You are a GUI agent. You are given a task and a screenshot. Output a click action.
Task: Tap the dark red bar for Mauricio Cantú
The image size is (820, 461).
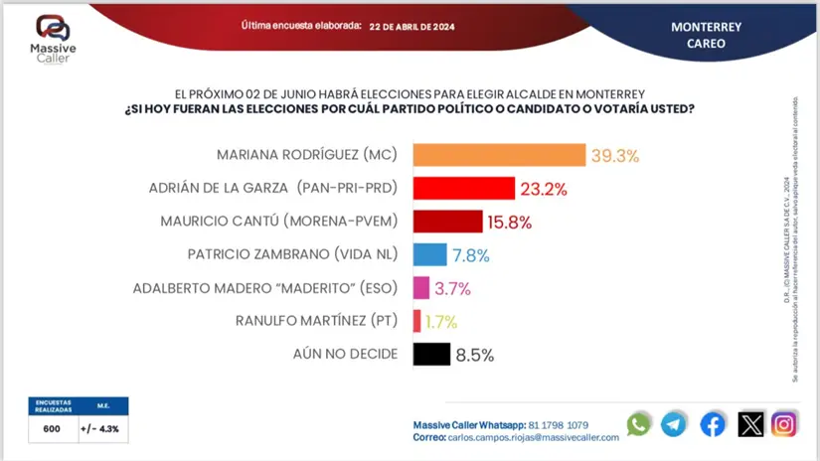pyautogui.click(x=447, y=221)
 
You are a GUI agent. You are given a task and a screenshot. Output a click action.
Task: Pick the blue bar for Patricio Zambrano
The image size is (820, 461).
pyautogui.click(x=428, y=254)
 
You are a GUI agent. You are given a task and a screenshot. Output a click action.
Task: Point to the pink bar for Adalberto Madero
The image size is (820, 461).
pyautogui.click(x=420, y=288)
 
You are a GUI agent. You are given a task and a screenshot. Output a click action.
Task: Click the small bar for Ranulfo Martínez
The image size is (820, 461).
pyautogui.click(x=416, y=321)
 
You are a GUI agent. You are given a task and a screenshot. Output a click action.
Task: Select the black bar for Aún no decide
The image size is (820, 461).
pyautogui.click(x=430, y=354)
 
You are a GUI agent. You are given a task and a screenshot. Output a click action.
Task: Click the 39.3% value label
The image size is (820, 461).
pyautogui.click(x=614, y=156)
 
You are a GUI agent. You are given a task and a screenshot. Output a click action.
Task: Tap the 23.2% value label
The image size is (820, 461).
pyautogui.click(x=545, y=189)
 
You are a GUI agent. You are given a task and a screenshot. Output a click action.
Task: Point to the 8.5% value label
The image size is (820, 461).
pyautogui.click(x=475, y=355)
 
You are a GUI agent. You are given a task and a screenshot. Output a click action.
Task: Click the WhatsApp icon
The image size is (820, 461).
pyautogui.click(x=638, y=424)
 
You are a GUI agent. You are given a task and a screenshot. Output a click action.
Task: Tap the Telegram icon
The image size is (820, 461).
pyautogui.click(x=674, y=424)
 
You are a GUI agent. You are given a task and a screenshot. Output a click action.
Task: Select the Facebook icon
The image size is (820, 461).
pyautogui.click(x=712, y=424)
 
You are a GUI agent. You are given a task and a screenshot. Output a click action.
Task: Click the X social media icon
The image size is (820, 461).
pyautogui.click(x=750, y=424)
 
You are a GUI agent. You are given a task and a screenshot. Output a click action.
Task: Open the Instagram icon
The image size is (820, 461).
pyautogui.click(x=784, y=424)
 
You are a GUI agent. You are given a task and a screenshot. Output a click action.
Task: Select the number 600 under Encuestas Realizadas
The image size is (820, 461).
pyautogui.click(x=52, y=429)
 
